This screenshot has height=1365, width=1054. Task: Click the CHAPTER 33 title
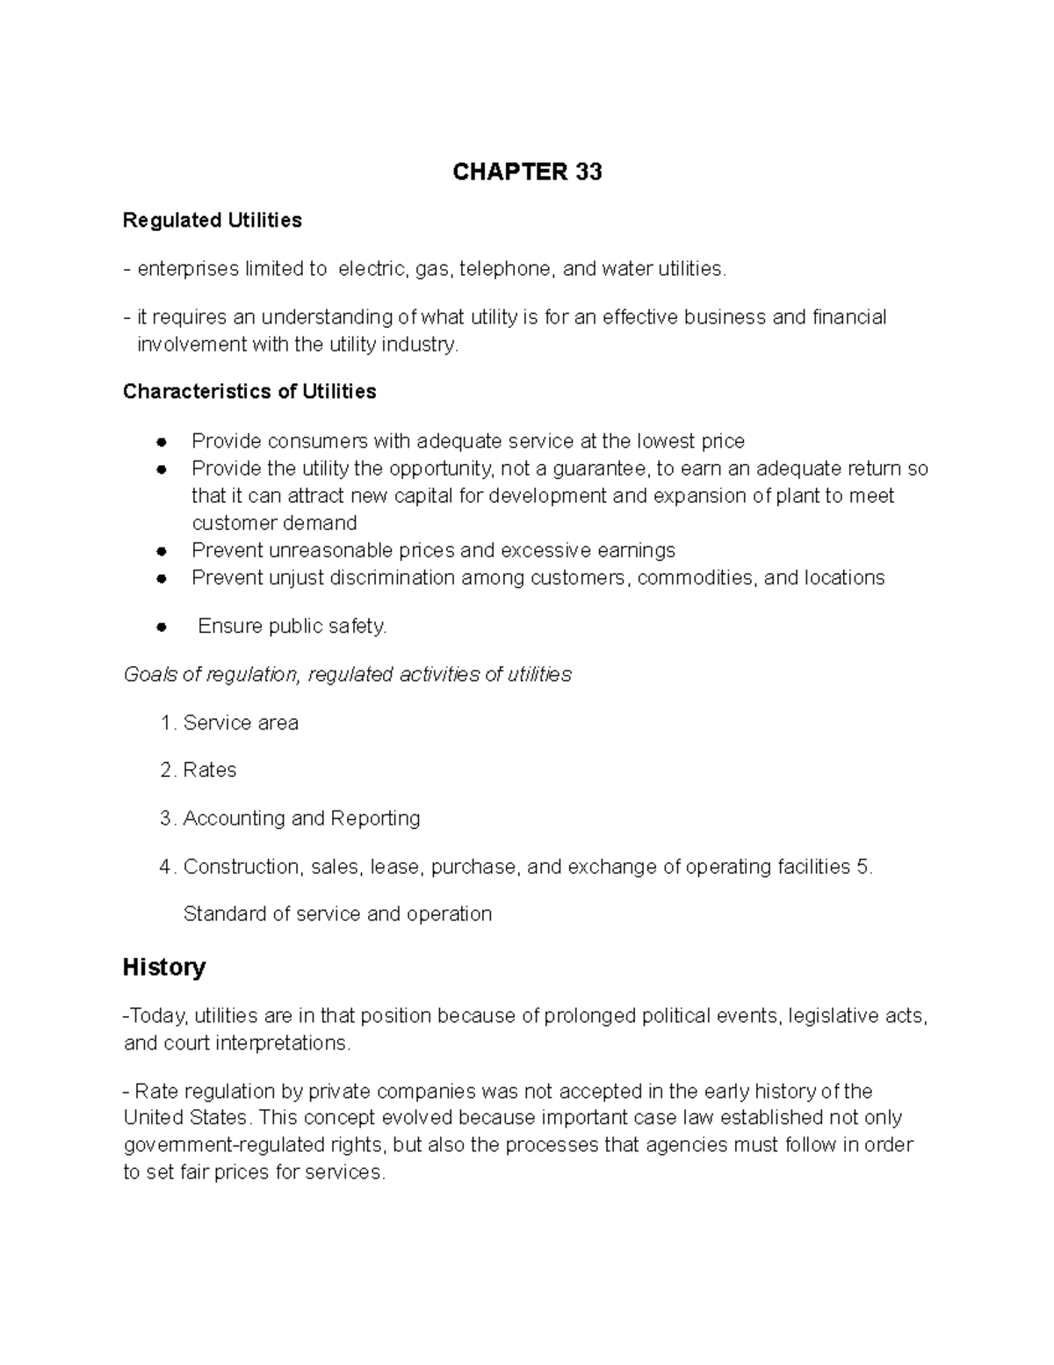527,171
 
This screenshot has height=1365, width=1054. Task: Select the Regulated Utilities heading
212,221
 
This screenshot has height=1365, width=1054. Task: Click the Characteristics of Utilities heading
249,392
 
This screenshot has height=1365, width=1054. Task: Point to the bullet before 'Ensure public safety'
161,628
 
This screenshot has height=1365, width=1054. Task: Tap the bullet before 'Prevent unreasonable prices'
161,552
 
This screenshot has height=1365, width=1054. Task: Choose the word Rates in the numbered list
210,771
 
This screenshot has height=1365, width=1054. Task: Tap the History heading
164,968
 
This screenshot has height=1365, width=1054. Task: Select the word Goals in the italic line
150,675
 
